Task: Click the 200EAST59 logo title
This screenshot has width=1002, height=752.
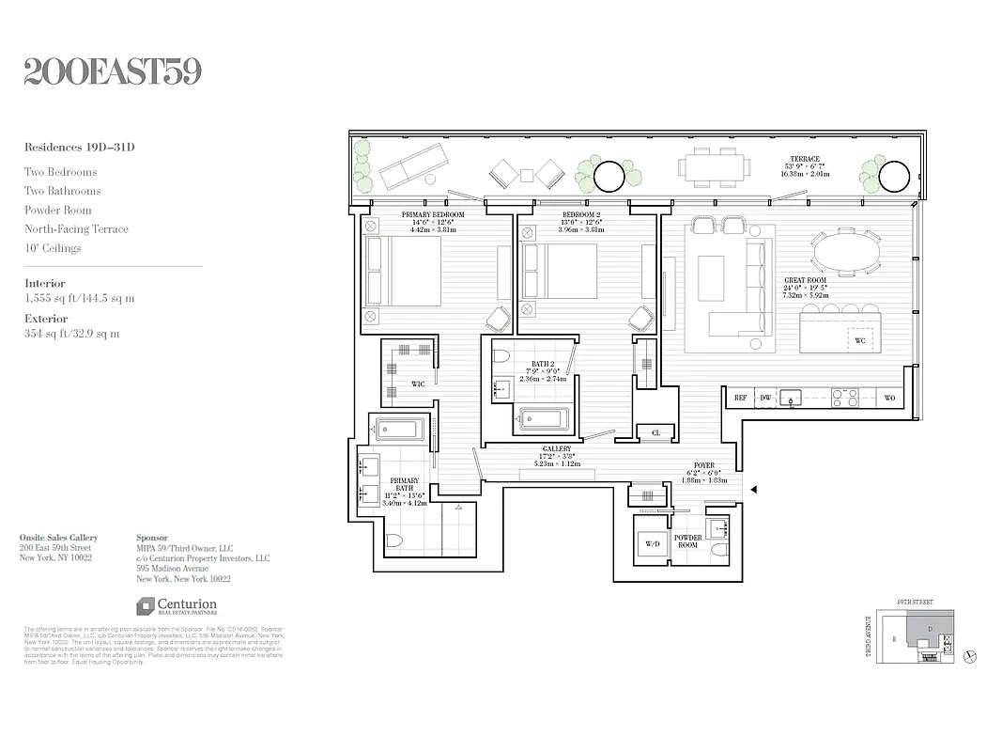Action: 113,72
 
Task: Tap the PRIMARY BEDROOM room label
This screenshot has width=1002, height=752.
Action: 433,215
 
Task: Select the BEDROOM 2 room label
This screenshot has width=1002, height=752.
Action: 580,215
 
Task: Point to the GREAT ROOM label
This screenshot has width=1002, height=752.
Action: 806,281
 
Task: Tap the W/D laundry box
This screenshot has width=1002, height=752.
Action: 653,543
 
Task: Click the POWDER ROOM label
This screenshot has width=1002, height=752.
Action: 688,541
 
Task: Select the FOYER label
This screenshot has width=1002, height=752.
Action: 703,465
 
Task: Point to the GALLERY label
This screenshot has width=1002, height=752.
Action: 557,449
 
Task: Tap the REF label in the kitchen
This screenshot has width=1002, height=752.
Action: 740,399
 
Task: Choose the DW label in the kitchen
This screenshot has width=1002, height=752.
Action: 764,399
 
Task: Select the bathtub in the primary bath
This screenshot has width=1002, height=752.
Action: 399,431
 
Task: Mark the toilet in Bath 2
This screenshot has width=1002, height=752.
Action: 501,356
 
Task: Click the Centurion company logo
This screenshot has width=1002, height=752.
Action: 177,606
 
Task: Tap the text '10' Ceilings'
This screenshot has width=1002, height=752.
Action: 53,248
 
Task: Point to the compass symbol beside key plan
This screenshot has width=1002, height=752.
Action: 970,655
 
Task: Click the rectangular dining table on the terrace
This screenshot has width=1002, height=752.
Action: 716,169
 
